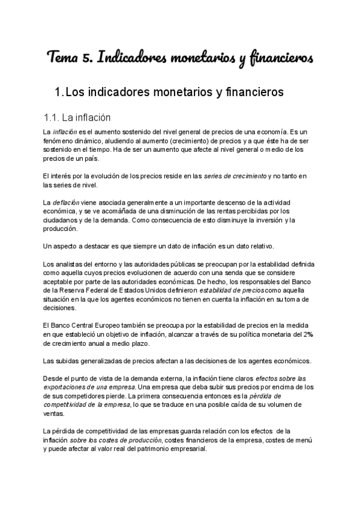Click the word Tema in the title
62,58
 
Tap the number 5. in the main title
87,58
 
